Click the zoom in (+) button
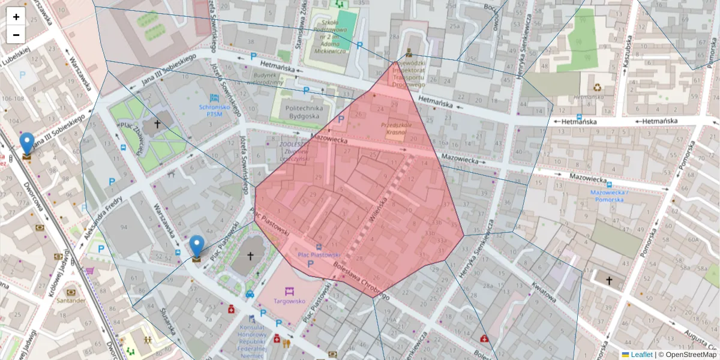pos(16,17)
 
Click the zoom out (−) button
pos(16,35)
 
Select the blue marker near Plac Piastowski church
pos(197,248)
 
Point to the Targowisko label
pos(290,302)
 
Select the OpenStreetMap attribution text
pos(690,355)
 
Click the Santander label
pos(71,300)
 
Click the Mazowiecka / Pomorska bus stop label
pos(610,196)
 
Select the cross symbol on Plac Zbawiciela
pos(157,124)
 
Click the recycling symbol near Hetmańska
pos(597,88)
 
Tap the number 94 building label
pos(124,226)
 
